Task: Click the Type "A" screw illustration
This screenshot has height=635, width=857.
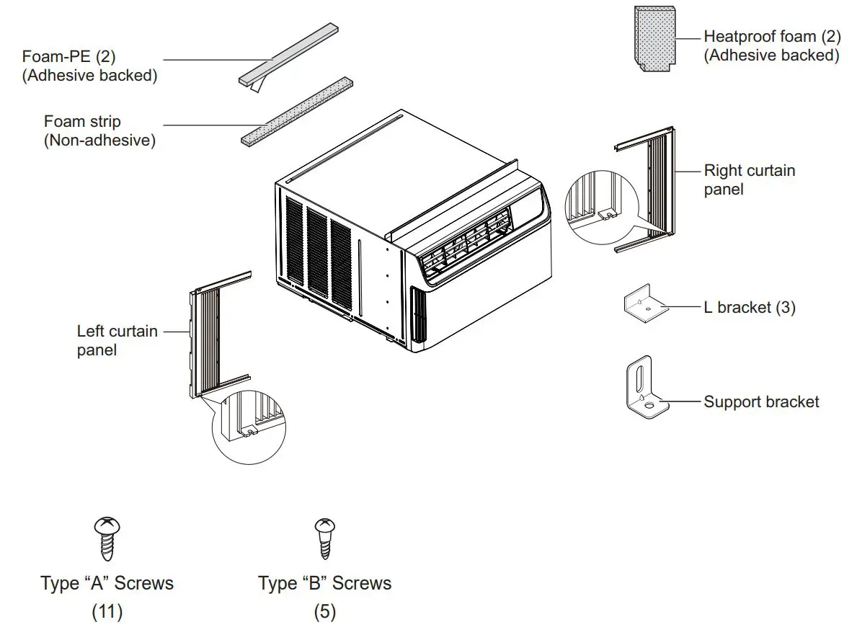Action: pyautogui.click(x=107, y=538)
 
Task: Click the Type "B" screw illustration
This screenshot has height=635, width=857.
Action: pyautogui.click(x=324, y=538)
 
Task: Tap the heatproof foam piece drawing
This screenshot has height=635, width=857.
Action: pyautogui.click(x=655, y=37)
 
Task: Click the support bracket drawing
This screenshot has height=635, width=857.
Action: pyautogui.click(x=645, y=389)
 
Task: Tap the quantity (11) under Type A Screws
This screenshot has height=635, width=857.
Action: pyautogui.click(x=107, y=612)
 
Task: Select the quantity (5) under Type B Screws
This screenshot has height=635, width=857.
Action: pyautogui.click(x=324, y=612)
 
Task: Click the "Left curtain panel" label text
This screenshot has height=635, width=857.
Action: pyautogui.click(x=117, y=340)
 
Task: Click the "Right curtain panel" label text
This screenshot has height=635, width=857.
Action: pyautogui.click(x=749, y=179)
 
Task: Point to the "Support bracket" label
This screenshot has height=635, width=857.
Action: pyautogui.click(x=761, y=401)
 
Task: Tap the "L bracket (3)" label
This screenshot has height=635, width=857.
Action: pyautogui.click(x=749, y=307)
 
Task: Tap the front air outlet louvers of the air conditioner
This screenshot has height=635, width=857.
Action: pyautogui.click(x=468, y=248)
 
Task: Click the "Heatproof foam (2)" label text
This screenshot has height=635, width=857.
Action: pyautogui.click(x=770, y=36)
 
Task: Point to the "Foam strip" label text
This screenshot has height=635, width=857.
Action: pyautogui.click(x=82, y=121)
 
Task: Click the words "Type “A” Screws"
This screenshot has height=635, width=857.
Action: pyautogui.click(x=107, y=582)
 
